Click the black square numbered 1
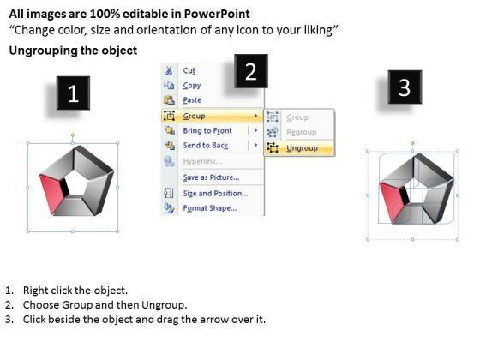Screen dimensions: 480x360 [73, 93]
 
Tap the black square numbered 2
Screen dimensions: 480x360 [251, 71]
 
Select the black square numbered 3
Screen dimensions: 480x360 [405, 87]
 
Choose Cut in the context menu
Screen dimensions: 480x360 [189, 70]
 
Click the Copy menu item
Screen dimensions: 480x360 [192, 86]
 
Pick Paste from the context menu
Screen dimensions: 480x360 [192, 100]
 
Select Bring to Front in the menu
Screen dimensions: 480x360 [207, 130]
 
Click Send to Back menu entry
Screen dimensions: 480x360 [206, 146]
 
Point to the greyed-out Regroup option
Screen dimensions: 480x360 [301, 132]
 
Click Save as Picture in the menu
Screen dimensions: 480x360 [211, 177]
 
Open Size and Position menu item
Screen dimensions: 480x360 [215, 194]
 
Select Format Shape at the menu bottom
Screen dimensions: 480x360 [210, 208]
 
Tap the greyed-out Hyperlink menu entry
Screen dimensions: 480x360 [202, 161]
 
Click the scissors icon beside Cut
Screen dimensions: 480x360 [169, 70]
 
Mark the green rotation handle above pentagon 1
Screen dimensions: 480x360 [73, 135]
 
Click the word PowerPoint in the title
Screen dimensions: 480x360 [217, 14]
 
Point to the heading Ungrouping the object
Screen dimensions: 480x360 [73, 51]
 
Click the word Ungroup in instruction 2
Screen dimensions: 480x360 [163, 305]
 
